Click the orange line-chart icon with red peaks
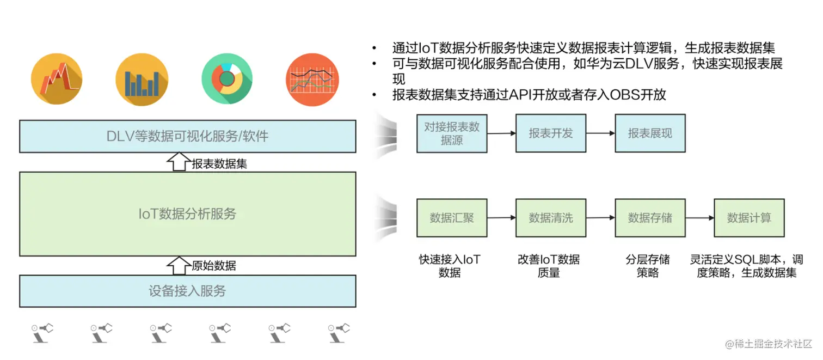pyautogui.click(x=57, y=79)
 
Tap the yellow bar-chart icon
pyautogui.click(x=142, y=79)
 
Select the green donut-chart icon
pyautogui.click(x=226, y=79)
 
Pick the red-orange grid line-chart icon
pyautogui.click(x=312, y=79)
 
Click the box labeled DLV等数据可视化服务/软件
pyautogui.click(x=188, y=136)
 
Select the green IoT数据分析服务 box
pyautogui.click(x=188, y=214)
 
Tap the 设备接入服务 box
pyautogui.click(x=188, y=291)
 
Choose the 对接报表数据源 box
pyautogui.click(x=452, y=133)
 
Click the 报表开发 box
pyautogui.click(x=551, y=133)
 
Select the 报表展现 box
pyautogui.click(x=650, y=133)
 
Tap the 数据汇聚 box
pyautogui.click(x=452, y=218)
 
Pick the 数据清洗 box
pyautogui.click(x=551, y=218)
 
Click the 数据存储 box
pyautogui.click(x=650, y=218)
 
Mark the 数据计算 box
pyautogui.click(x=749, y=218)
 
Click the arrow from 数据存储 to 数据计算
pyautogui.click(x=699, y=218)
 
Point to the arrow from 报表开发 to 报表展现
pyautogui.click(x=600, y=133)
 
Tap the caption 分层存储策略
pyautogui.click(x=648, y=266)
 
